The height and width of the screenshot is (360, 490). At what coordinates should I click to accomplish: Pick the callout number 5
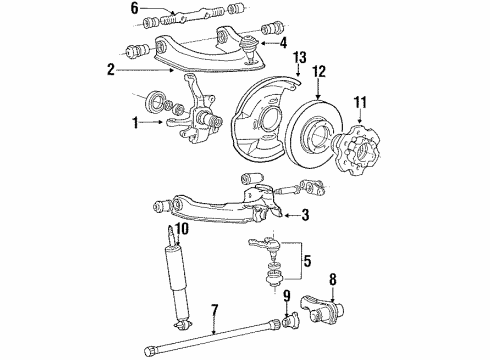pyautogui.click(x=307, y=262)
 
